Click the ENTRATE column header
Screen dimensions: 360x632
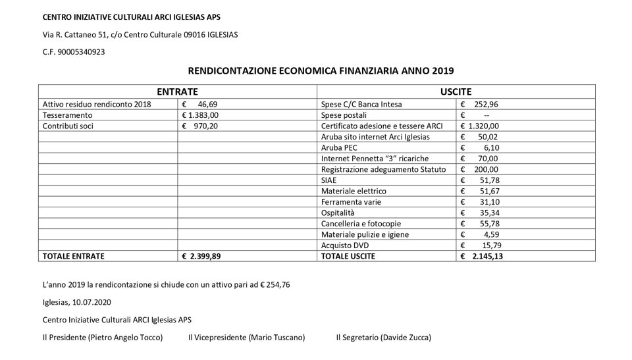(178, 93)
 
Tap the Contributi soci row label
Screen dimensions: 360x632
(68, 125)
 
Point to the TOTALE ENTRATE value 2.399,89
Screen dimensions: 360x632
(206, 255)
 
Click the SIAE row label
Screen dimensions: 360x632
(329, 180)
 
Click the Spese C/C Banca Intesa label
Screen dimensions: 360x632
(361, 104)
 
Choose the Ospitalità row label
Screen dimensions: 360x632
(338, 213)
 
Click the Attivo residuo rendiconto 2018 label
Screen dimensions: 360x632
(97, 104)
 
